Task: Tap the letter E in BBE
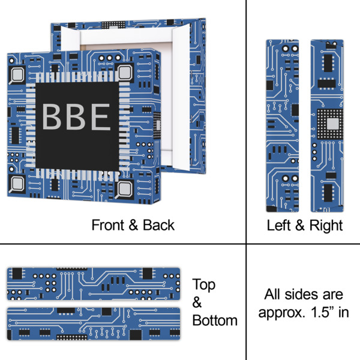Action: (x=100, y=117)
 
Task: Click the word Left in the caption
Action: (x=279, y=226)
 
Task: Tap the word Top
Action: (x=204, y=284)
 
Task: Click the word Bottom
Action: (x=215, y=320)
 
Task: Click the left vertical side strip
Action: (x=282, y=126)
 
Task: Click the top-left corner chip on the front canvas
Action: (x=17, y=74)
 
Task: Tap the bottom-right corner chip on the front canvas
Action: (x=125, y=189)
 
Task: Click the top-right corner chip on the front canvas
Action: (x=125, y=73)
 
